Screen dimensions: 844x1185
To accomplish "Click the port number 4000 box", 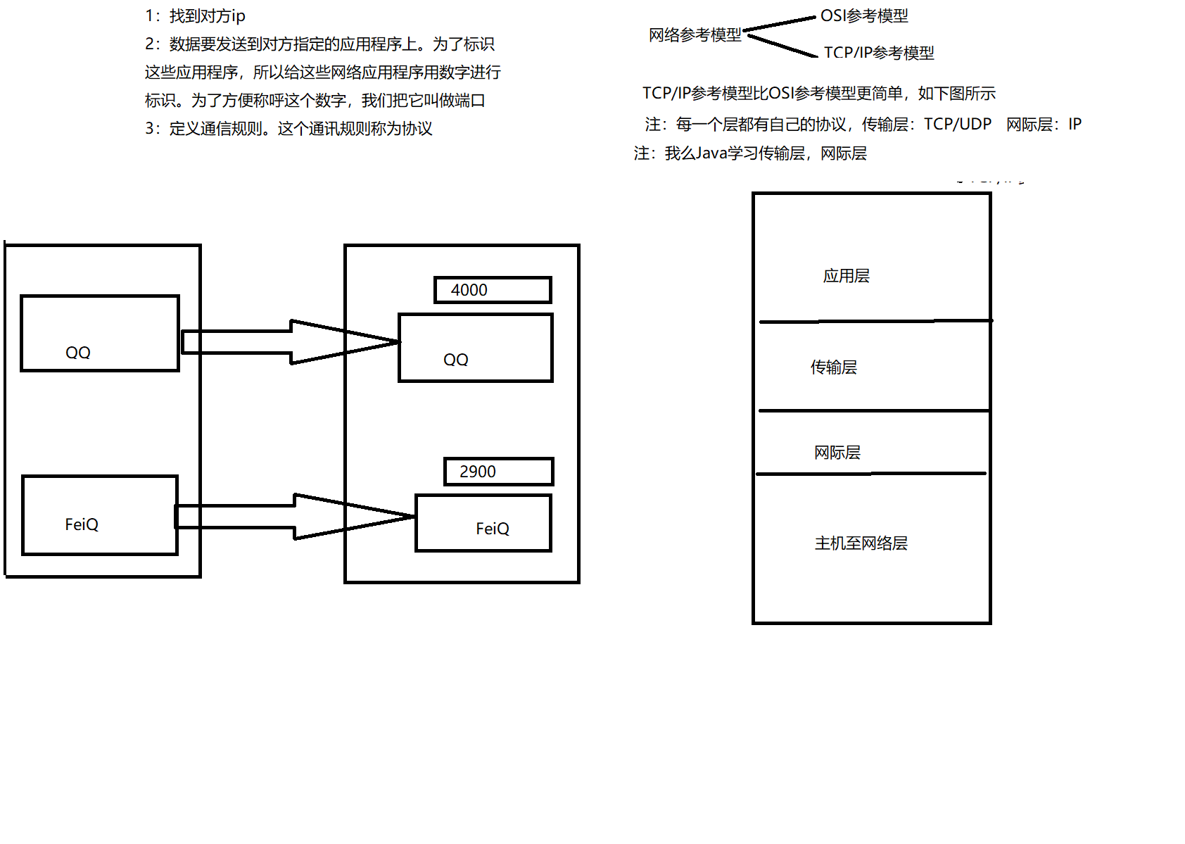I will (492, 290).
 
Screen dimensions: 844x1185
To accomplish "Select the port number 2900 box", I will (498, 472).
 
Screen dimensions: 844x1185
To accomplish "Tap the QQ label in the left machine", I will (78, 353).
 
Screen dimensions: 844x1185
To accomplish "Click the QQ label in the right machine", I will (456, 360).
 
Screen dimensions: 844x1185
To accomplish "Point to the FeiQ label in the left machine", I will (82, 524).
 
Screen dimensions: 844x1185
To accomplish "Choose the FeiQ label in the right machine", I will (493, 529).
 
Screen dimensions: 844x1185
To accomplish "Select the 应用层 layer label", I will (847, 276).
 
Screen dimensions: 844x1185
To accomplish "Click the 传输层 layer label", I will (834, 367).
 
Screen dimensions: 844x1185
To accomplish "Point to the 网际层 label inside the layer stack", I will (837, 453).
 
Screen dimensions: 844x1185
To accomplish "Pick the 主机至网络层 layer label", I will (861, 543).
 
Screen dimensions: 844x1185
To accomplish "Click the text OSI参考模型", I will (864, 16).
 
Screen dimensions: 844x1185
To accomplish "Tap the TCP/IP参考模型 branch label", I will (879, 53).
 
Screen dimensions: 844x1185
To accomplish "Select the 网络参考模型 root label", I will (695, 35).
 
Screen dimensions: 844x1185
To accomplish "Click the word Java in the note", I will (711, 153).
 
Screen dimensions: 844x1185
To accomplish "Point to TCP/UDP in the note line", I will (957, 125).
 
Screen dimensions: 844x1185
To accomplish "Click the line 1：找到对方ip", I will (196, 16).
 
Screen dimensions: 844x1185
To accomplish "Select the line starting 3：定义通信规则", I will (289, 129).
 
